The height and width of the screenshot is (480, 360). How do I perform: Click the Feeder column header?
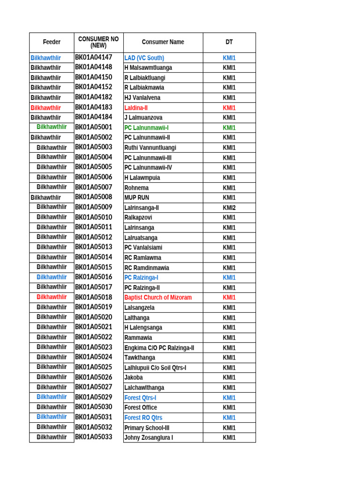click(52, 42)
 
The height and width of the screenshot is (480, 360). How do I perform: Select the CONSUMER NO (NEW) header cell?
click(98, 42)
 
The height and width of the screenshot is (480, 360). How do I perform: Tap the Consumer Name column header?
click(163, 42)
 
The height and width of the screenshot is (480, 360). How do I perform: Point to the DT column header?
click(229, 42)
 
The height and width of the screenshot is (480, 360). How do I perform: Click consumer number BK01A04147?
click(94, 58)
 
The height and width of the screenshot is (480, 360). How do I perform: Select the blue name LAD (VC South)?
click(144, 58)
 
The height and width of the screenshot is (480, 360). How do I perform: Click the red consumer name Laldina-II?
click(136, 108)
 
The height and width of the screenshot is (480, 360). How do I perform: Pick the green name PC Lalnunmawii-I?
click(146, 127)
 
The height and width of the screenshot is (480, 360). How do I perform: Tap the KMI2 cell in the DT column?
click(229, 208)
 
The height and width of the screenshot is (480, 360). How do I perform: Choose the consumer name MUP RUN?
click(136, 198)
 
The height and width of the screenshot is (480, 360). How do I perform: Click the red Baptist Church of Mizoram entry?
click(158, 298)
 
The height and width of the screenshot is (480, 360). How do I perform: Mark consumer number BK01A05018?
click(94, 297)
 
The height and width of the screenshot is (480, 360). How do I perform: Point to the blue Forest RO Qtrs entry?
click(143, 418)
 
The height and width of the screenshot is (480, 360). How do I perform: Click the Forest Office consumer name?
click(141, 408)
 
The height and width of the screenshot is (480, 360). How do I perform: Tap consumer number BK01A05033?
click(94, 437)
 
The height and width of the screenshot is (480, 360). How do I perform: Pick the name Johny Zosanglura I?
click(149, 438)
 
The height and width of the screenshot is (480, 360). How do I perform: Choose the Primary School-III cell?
click(147, 428)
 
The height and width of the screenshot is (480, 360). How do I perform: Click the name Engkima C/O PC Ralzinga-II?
click(159, 348)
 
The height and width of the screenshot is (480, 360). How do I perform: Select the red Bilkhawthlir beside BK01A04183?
click(45, 108)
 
